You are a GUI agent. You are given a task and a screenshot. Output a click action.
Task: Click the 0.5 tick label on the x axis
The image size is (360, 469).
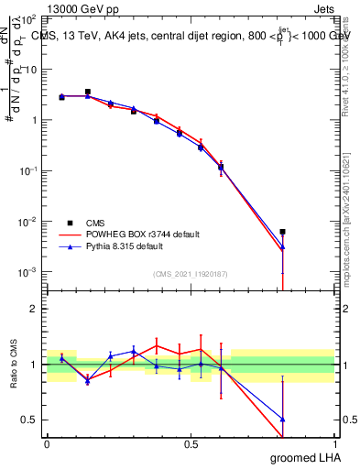point(191,443)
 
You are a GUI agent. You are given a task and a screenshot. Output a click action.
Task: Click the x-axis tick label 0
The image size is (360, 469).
point(47,443)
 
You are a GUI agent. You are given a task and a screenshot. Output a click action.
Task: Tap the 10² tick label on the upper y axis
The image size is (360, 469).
point(29,19)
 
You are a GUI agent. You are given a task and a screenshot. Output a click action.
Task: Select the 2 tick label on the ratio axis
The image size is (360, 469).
point(34,309)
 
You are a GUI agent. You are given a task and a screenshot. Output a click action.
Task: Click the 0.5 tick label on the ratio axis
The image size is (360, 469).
point(30,420)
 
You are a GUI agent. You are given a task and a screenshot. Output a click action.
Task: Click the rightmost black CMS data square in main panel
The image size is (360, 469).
point(283,232)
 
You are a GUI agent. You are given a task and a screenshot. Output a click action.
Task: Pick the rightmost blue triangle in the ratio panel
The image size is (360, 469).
point(283,419)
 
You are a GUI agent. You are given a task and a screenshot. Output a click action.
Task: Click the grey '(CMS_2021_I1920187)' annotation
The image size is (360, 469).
point(190,273)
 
